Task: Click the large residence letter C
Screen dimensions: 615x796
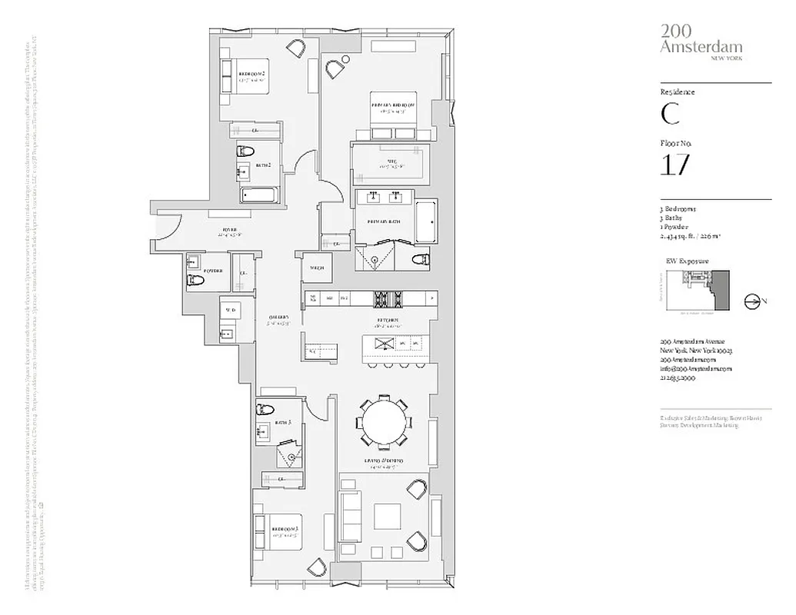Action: tap(670, 114)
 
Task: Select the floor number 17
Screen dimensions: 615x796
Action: tap(674, 165)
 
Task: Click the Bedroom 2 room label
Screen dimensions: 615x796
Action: tap(251, 74)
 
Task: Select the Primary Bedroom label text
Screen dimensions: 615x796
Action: tap(393, 105)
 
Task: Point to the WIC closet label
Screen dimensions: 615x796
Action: tap(391, 161)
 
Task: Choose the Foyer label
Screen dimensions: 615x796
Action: tap(230, 229)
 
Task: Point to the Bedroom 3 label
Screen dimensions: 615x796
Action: tap(285, 529)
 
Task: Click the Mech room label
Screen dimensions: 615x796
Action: tap(316, 268)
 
